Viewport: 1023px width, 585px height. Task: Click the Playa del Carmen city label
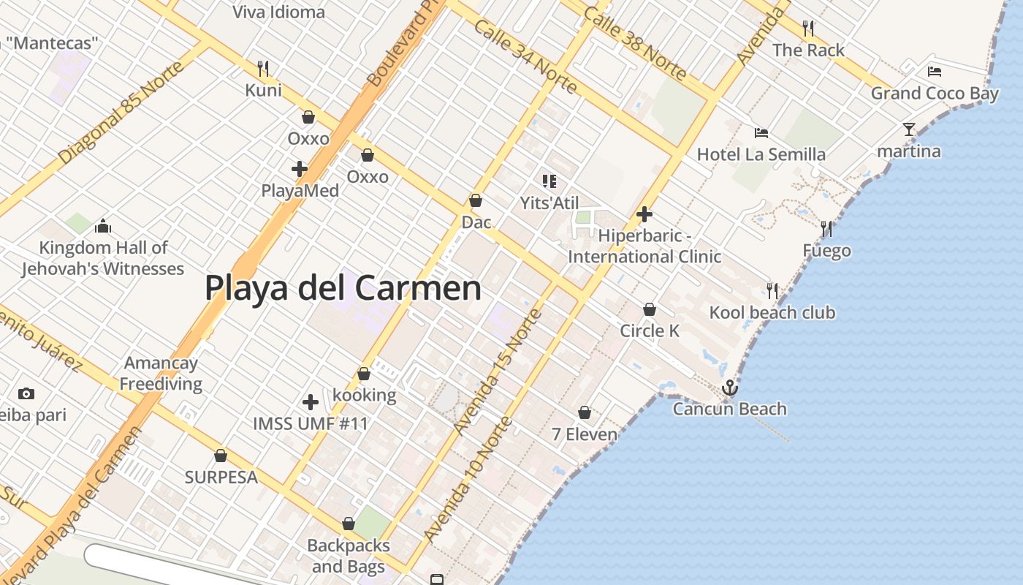click(x=343, y=288)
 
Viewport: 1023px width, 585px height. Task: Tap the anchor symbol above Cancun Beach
click(x=729, y=388)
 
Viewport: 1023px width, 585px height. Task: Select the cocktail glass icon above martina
click(x=909, y=129)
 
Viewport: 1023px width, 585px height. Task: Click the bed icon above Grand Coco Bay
click(x=934, y=71)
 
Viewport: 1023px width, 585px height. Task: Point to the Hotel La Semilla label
click(x=761, y=154)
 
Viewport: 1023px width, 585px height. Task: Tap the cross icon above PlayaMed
click(x=300, y=169)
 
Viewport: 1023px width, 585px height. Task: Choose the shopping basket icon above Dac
click(x=476, y=200)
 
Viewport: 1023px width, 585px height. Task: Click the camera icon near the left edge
click(x=26, y=393)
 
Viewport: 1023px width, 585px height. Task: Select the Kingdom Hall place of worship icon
click(x=103, y=226)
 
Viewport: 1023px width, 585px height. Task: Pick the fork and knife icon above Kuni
click(x=263, y=69)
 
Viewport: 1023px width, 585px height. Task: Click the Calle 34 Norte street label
click(x=525, y=56)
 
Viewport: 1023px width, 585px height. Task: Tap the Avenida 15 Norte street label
click(x=498, y=371)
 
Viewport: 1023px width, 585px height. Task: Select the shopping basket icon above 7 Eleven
click(x=585, y=412)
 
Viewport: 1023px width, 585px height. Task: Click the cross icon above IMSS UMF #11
click(x=311, y=401)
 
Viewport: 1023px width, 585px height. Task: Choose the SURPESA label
click(x=221, y=478)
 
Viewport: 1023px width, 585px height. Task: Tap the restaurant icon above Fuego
click(x=826, y=229)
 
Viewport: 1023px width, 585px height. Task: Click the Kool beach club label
click(x=772, y=313)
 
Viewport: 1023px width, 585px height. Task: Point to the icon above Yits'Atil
click(x=549, y=181)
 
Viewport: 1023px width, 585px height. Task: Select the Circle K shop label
click(x=650, y=331)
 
